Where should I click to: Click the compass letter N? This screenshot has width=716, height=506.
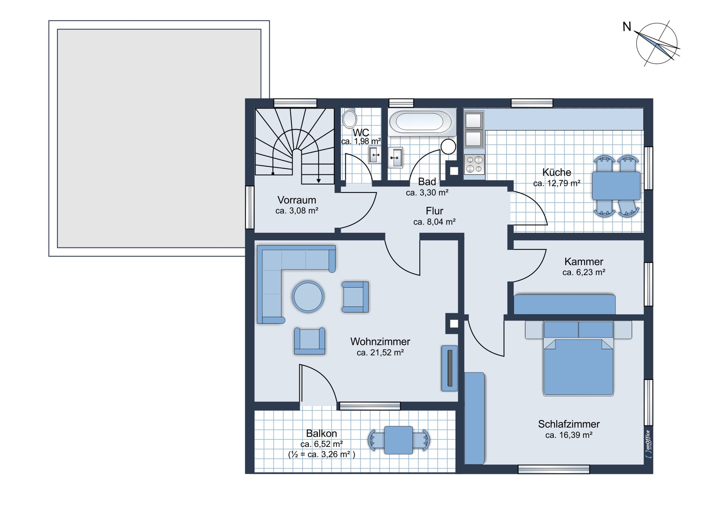coord(626,26)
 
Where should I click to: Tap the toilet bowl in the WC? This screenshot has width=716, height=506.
coord(349,118)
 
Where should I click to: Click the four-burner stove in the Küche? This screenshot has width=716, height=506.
coord(474,164)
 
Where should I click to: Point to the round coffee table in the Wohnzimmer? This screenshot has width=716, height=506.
coord(308,297)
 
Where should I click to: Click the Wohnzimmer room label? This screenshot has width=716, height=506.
coord(380,342)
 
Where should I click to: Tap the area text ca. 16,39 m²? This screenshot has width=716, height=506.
coord(569,435)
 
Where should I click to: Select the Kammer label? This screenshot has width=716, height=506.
coord(584,261)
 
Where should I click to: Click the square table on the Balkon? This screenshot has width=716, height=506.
coord(398,440)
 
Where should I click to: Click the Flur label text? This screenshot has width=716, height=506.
coord(435,211)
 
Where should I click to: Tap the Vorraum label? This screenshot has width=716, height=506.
coord(297,200)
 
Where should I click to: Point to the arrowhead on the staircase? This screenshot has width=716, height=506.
coord(319,181)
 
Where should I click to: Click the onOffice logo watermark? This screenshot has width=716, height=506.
coord(648,444)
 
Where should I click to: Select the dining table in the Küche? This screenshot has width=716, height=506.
coord(616,186)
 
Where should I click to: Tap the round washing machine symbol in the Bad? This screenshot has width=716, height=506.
coord(448,146)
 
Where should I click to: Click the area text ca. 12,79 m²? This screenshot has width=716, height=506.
coord(557,183)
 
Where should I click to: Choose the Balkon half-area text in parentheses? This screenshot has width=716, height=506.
coord(321,454)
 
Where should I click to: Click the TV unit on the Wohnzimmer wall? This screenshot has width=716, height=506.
coord(450,368)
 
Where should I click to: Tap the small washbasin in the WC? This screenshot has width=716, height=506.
coord(375,155)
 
